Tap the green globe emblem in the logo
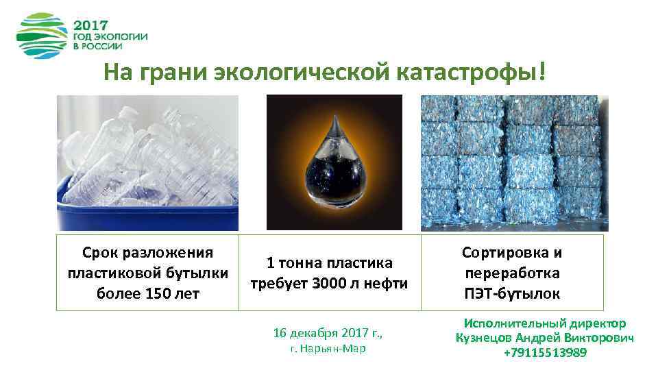point(42,36)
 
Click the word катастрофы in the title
point(480,71)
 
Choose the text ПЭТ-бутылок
point(512,294)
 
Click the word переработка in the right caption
point(512,273)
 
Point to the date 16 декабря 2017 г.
point(328,334)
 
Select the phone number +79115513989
point(545,353)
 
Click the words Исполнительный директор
point(545,323)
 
